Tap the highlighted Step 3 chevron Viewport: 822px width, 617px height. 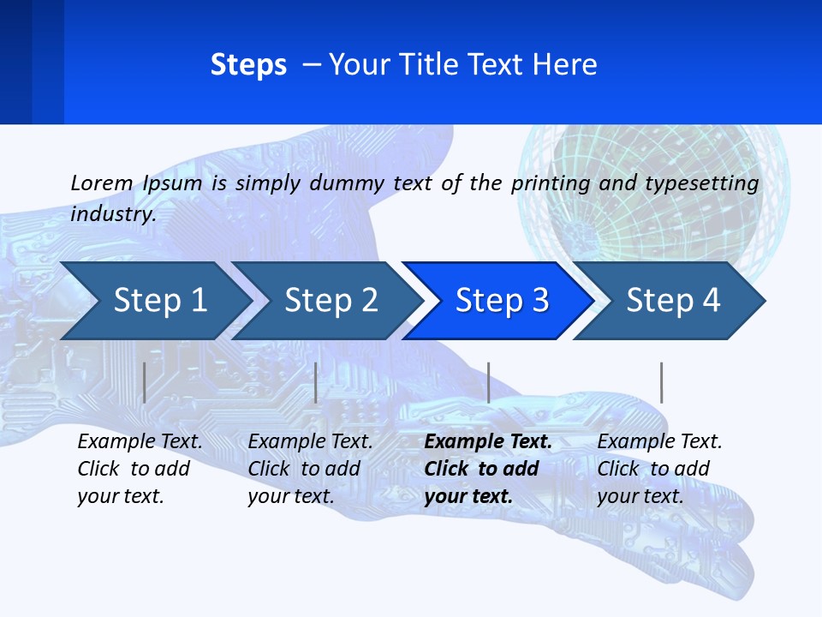coord(500,301)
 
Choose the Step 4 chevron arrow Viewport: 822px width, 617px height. coord(672,301)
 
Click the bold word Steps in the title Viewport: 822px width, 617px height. coord(248,65)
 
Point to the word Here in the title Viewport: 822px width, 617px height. coord(565,65)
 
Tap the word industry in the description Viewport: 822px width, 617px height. coord(113,213)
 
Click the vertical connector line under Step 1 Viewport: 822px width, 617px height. coord(145,382)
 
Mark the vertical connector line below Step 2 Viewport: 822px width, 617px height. coord(316,382)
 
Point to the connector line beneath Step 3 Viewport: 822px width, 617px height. coord(488,382)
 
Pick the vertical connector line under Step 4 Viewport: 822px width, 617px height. coord(661,382)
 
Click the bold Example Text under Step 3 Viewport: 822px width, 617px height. coord(487,442)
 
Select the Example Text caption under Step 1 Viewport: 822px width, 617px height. coord(140,442)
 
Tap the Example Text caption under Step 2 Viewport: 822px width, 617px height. coord(310,442)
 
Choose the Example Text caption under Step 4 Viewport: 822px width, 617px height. coord(659,442)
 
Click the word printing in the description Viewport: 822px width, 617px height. coord(550,183)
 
